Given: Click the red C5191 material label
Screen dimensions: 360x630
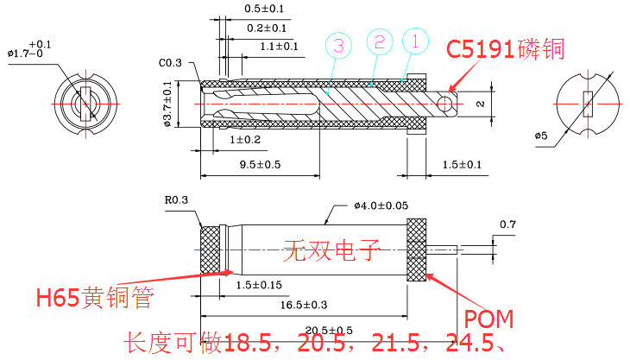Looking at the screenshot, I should (505, 49).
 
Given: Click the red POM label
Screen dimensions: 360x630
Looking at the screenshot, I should (489, 319).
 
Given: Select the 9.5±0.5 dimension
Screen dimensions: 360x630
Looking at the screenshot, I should (260, 164).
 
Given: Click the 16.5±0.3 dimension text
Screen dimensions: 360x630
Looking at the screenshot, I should (302, 303).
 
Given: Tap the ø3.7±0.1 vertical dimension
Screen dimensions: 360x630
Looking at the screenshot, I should (167, 104).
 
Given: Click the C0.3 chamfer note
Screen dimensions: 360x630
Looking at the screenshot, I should (170, 63).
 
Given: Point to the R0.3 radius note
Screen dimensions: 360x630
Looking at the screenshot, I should (175, 201).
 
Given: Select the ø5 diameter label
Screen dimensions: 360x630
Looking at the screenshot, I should (541, 136).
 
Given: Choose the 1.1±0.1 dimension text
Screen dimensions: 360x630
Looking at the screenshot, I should (279, 46).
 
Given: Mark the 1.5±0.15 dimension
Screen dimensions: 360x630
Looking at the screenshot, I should (260, 284).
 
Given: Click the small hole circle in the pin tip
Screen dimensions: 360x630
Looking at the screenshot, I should (444, 104).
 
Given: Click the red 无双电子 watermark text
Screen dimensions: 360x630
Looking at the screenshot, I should (332, 252).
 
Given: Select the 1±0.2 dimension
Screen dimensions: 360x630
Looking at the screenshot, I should (245, 139).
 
